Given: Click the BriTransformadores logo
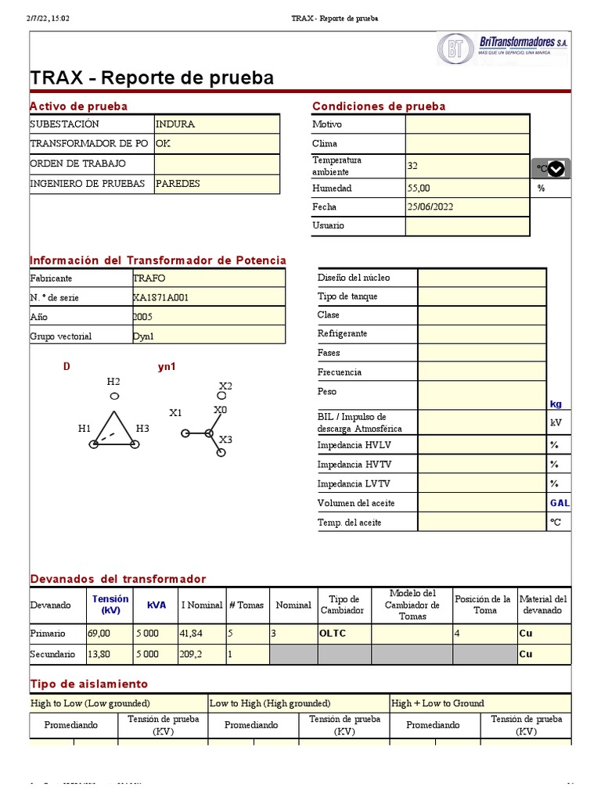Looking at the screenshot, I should coord(502,48).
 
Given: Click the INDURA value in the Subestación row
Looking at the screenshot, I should coord(175,124).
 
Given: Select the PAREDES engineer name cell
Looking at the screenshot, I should coord(178,184).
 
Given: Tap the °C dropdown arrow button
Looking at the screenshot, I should coord(556,169).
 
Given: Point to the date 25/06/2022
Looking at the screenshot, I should coord(430,207).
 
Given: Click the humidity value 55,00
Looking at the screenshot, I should coord(419,189).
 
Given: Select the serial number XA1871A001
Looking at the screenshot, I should coord(161,298).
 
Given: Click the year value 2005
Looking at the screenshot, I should coord(143,317).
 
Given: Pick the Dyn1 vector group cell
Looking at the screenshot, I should coord(144,336).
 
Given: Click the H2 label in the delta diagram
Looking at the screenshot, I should coord(113,382).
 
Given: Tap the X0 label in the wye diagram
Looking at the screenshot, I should coord(221,410).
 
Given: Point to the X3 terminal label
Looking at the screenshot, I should coord(225,440).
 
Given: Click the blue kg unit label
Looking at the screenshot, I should coord(556,404).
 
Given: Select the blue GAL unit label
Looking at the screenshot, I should coord(560,503).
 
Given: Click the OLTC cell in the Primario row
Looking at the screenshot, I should coord(333,634).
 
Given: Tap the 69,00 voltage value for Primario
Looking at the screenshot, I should coord(99,634).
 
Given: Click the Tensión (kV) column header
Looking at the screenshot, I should coord(110,605).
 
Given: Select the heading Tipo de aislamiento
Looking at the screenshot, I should coord(88,684).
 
